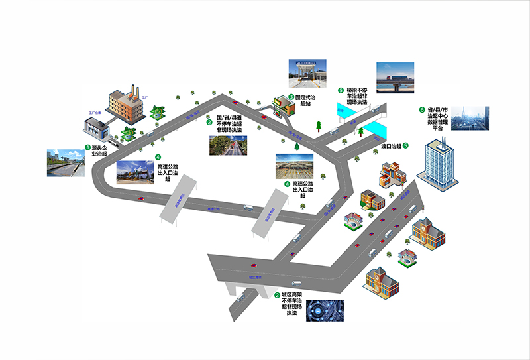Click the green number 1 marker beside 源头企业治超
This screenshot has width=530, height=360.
click(87, 147)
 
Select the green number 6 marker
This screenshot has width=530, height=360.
click(421, 110)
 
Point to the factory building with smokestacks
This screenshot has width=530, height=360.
click(127, 102)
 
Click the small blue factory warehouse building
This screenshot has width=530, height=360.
click(100, 123)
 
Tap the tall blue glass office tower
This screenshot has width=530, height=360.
click(439, 162)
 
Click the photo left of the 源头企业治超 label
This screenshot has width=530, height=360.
click(65, 162)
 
